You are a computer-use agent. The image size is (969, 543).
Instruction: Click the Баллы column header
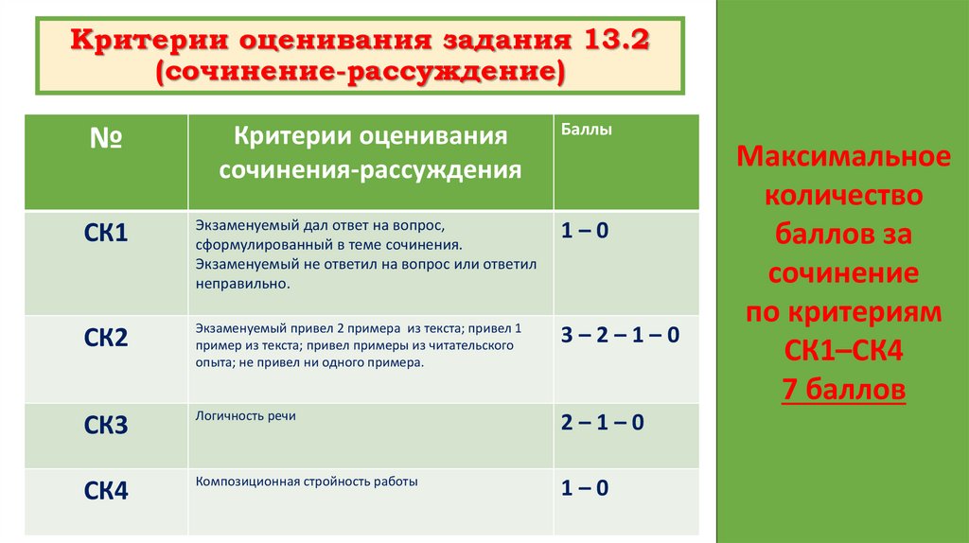pyautogui.click(x=587, y=131)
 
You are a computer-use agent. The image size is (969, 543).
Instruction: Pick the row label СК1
pyautogui.click(x=106, y=232)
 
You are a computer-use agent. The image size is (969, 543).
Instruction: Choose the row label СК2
pyautogui.click(x=106, y=338)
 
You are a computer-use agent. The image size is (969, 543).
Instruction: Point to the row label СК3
pyautogui.click(x=106, y=425)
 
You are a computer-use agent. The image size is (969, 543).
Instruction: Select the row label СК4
pyautogui.click(x=106, y=491)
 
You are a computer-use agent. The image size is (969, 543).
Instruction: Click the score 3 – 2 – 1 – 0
pyautogui.click(x=620, y=336)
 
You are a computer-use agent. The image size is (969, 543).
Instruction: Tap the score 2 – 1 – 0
pyautogui.click(x=602, y=423)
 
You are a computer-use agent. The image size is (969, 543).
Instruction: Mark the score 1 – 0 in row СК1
pyautogui.click(x=585, y=230)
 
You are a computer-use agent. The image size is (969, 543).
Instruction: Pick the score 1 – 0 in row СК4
pyautogui.click(x=585, y=489)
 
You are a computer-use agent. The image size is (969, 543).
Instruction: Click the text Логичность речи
pyautogui.click(x=246, y=416)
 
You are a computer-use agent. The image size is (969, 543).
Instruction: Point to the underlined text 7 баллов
pyautogui.click(x=843, y=389)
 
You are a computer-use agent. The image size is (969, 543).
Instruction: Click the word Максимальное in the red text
pyautogui.click(x=843, y=157)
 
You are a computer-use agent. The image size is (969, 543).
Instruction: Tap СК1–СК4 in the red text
pyautogui.click(x=843, y=351)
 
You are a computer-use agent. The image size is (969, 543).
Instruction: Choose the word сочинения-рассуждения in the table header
pyautogui.click(x=371, y=170)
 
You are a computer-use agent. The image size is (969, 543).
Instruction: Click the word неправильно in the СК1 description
pyautogui.click(x=240, y=283)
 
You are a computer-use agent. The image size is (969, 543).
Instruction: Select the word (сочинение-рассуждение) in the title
pyautogui.click(x=361, y=73)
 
